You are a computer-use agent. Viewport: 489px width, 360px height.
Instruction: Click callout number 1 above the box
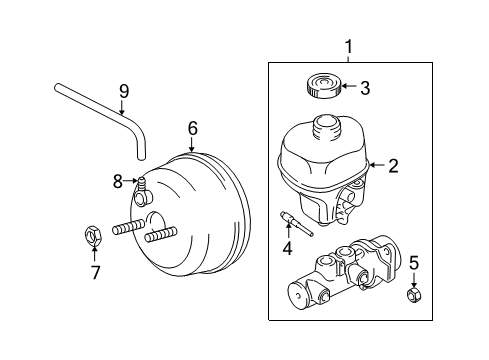349,47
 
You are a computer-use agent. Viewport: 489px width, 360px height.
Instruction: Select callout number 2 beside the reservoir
394,166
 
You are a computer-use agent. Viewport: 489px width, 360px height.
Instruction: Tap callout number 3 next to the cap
365,89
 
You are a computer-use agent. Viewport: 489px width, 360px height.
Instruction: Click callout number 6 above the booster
193,128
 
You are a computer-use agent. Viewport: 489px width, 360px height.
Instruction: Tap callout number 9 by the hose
123,92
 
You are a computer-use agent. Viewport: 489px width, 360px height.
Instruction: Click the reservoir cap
315,85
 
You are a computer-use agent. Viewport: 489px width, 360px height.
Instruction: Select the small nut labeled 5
414,296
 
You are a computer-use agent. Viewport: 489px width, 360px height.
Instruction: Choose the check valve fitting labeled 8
142,184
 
